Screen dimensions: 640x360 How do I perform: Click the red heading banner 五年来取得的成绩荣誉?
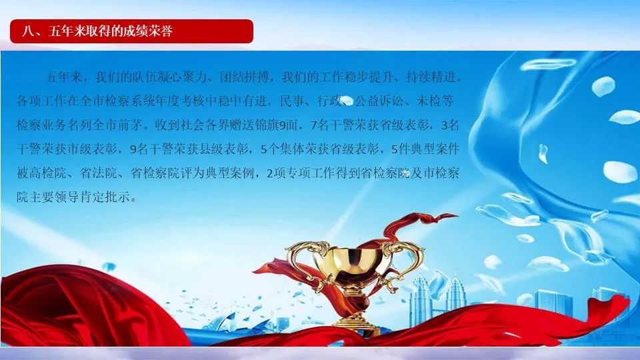pos(131,31)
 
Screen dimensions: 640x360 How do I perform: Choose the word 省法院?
pos(99,173)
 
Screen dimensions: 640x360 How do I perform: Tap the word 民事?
pos(292,101)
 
